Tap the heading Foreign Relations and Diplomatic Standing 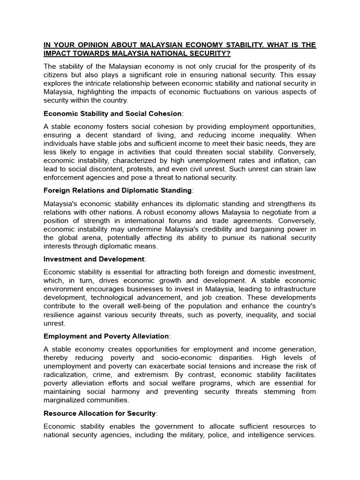tap(117, 190)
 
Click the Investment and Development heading tap(94, 259)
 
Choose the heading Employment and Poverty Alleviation tap(106, 336)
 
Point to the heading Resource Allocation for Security tap(99, 413)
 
